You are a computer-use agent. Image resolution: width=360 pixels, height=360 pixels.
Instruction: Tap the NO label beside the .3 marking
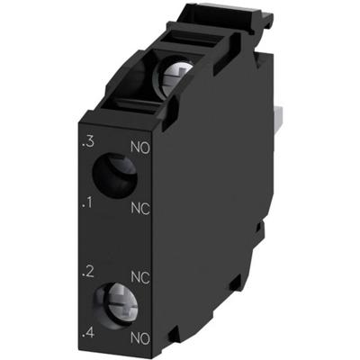point(139,146)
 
